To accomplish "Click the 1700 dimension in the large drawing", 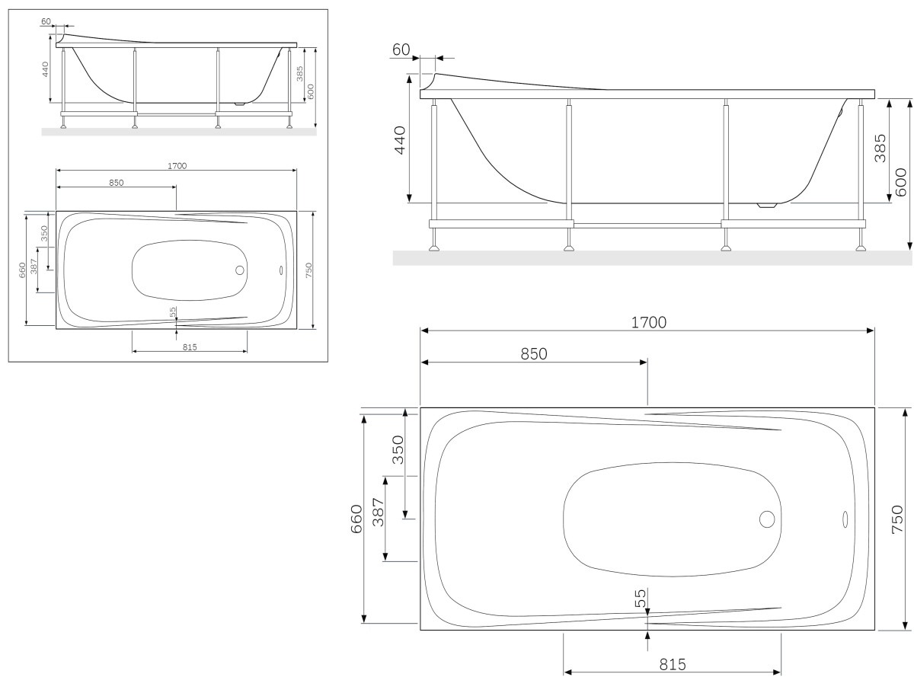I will (x=648, y=321).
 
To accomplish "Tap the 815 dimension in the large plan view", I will (x=673, y=663).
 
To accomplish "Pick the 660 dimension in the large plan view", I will (x=355, y=519).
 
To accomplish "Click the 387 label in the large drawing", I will (x=379, y=519).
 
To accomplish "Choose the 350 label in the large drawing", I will (x=398, y=455).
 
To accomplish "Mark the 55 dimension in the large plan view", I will (x=640, y=598).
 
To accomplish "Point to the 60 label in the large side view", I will (x=401, y=50).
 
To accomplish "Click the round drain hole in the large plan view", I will (x=767, y=520).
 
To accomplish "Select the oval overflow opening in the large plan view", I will (x=845, y=520).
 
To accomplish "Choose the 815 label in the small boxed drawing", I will (x=190, y=347).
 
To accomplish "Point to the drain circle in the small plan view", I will (x=240, y=270).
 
